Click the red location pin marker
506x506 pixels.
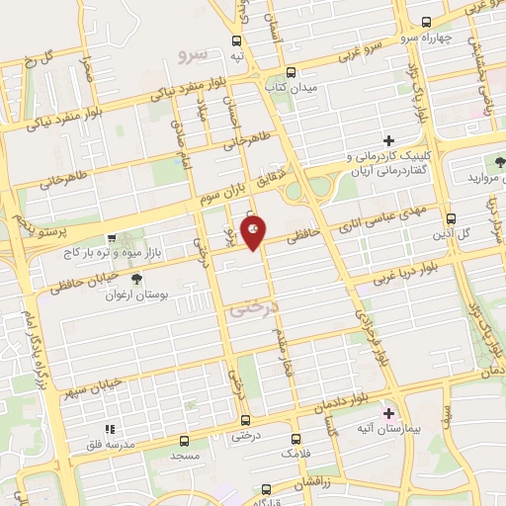pyautogui.click(x=254, y=231)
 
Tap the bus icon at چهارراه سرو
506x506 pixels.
pyautogui.click(x=426, y=22)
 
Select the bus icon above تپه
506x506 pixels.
pyautogui.click(x=236, y=42)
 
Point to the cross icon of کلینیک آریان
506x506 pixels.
pyautogui.click(x=388, y=141)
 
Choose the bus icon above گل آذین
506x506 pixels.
pyautogui.click(x=451, y=218)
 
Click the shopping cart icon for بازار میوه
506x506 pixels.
pyautogui.click(x=112, y=238)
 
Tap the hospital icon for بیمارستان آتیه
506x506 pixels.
pyautogui.click(x=388, y=412)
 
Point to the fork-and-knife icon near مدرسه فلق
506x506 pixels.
pyautogui.click(x=111, y=429)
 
